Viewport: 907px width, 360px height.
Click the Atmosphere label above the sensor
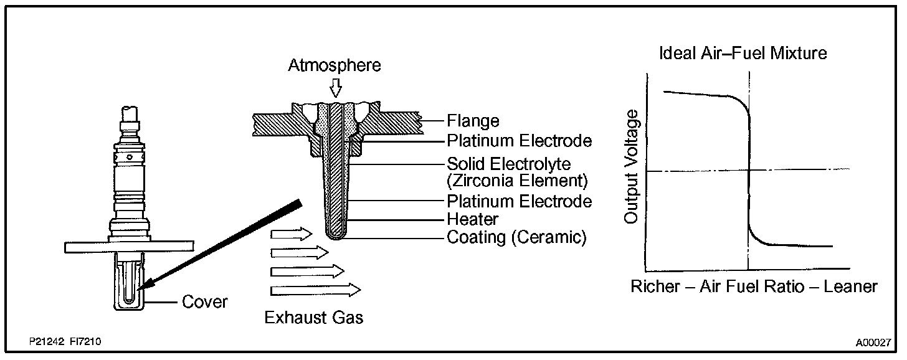pyautogui.click(x=335, y=65)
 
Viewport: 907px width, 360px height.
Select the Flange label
pyautogui.click(x=473, y=120)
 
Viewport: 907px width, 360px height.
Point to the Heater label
pyautogui.click(x=472, y=219)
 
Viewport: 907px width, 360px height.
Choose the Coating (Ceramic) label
pyautogui.click(x=516, y=238)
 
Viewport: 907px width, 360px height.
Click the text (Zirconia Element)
pyautogui.click(x=517, y=182)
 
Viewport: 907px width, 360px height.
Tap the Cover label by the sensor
pyautogui.click(x=204, y=303)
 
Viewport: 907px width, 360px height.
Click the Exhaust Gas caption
pyautogui.click(x=313, y=318)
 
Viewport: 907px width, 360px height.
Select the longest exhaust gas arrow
pyautogui.click(x=315, y=290)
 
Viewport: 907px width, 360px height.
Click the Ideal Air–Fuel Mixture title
pyautogui.click(x=743, y=54)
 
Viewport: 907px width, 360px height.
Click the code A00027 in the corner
pyautogui.click(x=873, y=343)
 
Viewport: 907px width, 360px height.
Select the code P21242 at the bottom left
pyautogui.click(x=45, y=343)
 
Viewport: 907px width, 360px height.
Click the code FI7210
pyautogui.click(x=86, y=343)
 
